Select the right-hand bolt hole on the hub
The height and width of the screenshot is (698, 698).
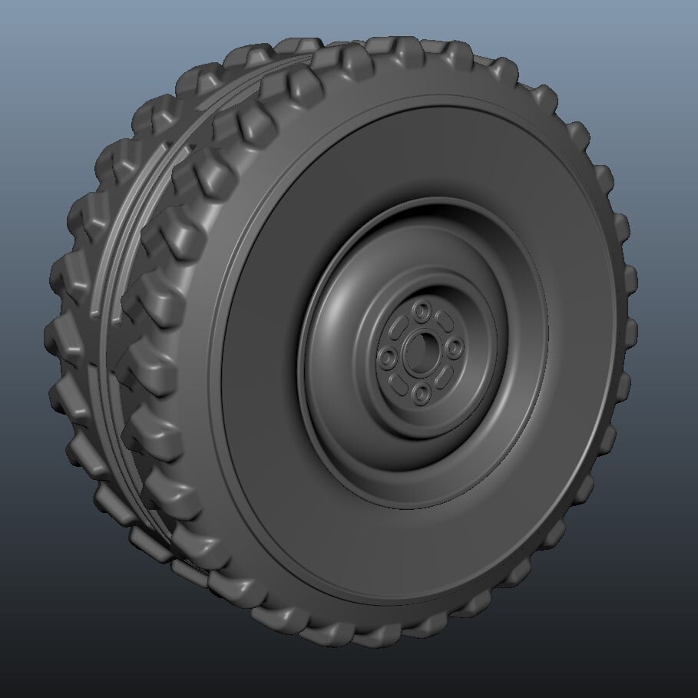coord(455,347)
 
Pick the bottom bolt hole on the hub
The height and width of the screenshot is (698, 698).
coord(422,394)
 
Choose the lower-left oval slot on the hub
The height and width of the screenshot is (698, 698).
coord(399,382)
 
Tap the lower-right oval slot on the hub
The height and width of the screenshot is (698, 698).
coord(445,375)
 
